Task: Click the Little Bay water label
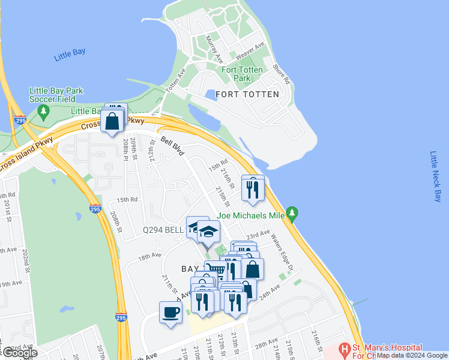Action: pos(70,53)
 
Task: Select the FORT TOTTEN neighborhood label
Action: pos(247,94)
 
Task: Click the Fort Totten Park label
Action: pos(242,74)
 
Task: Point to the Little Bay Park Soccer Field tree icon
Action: pos(43,111)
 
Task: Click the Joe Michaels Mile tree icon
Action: pos(292,213)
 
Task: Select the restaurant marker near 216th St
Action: pos(253,188)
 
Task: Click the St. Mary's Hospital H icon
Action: pos(345,349)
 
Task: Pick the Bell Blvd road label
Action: pos(172,146)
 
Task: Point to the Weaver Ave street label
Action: pos(250,50)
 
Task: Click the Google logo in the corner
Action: pos(19,353)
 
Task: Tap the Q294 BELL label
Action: pos(163,230)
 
